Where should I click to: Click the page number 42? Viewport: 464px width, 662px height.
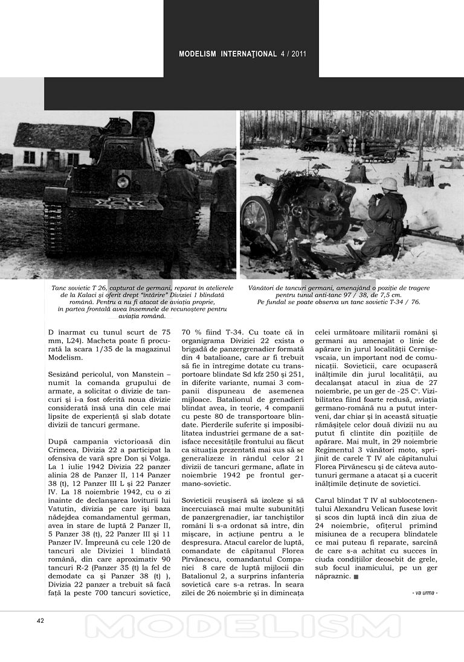[x=40, y=621]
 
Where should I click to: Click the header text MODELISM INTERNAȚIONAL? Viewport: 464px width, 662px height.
[x=228, y=54]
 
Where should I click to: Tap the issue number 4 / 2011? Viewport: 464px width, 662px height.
[x=294, y=54]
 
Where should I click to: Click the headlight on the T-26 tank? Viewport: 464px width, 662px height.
[x=123, y=181]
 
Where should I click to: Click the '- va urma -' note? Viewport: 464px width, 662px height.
[x=425, y=593]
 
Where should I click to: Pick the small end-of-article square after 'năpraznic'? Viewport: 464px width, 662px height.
[x=356, y=578]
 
